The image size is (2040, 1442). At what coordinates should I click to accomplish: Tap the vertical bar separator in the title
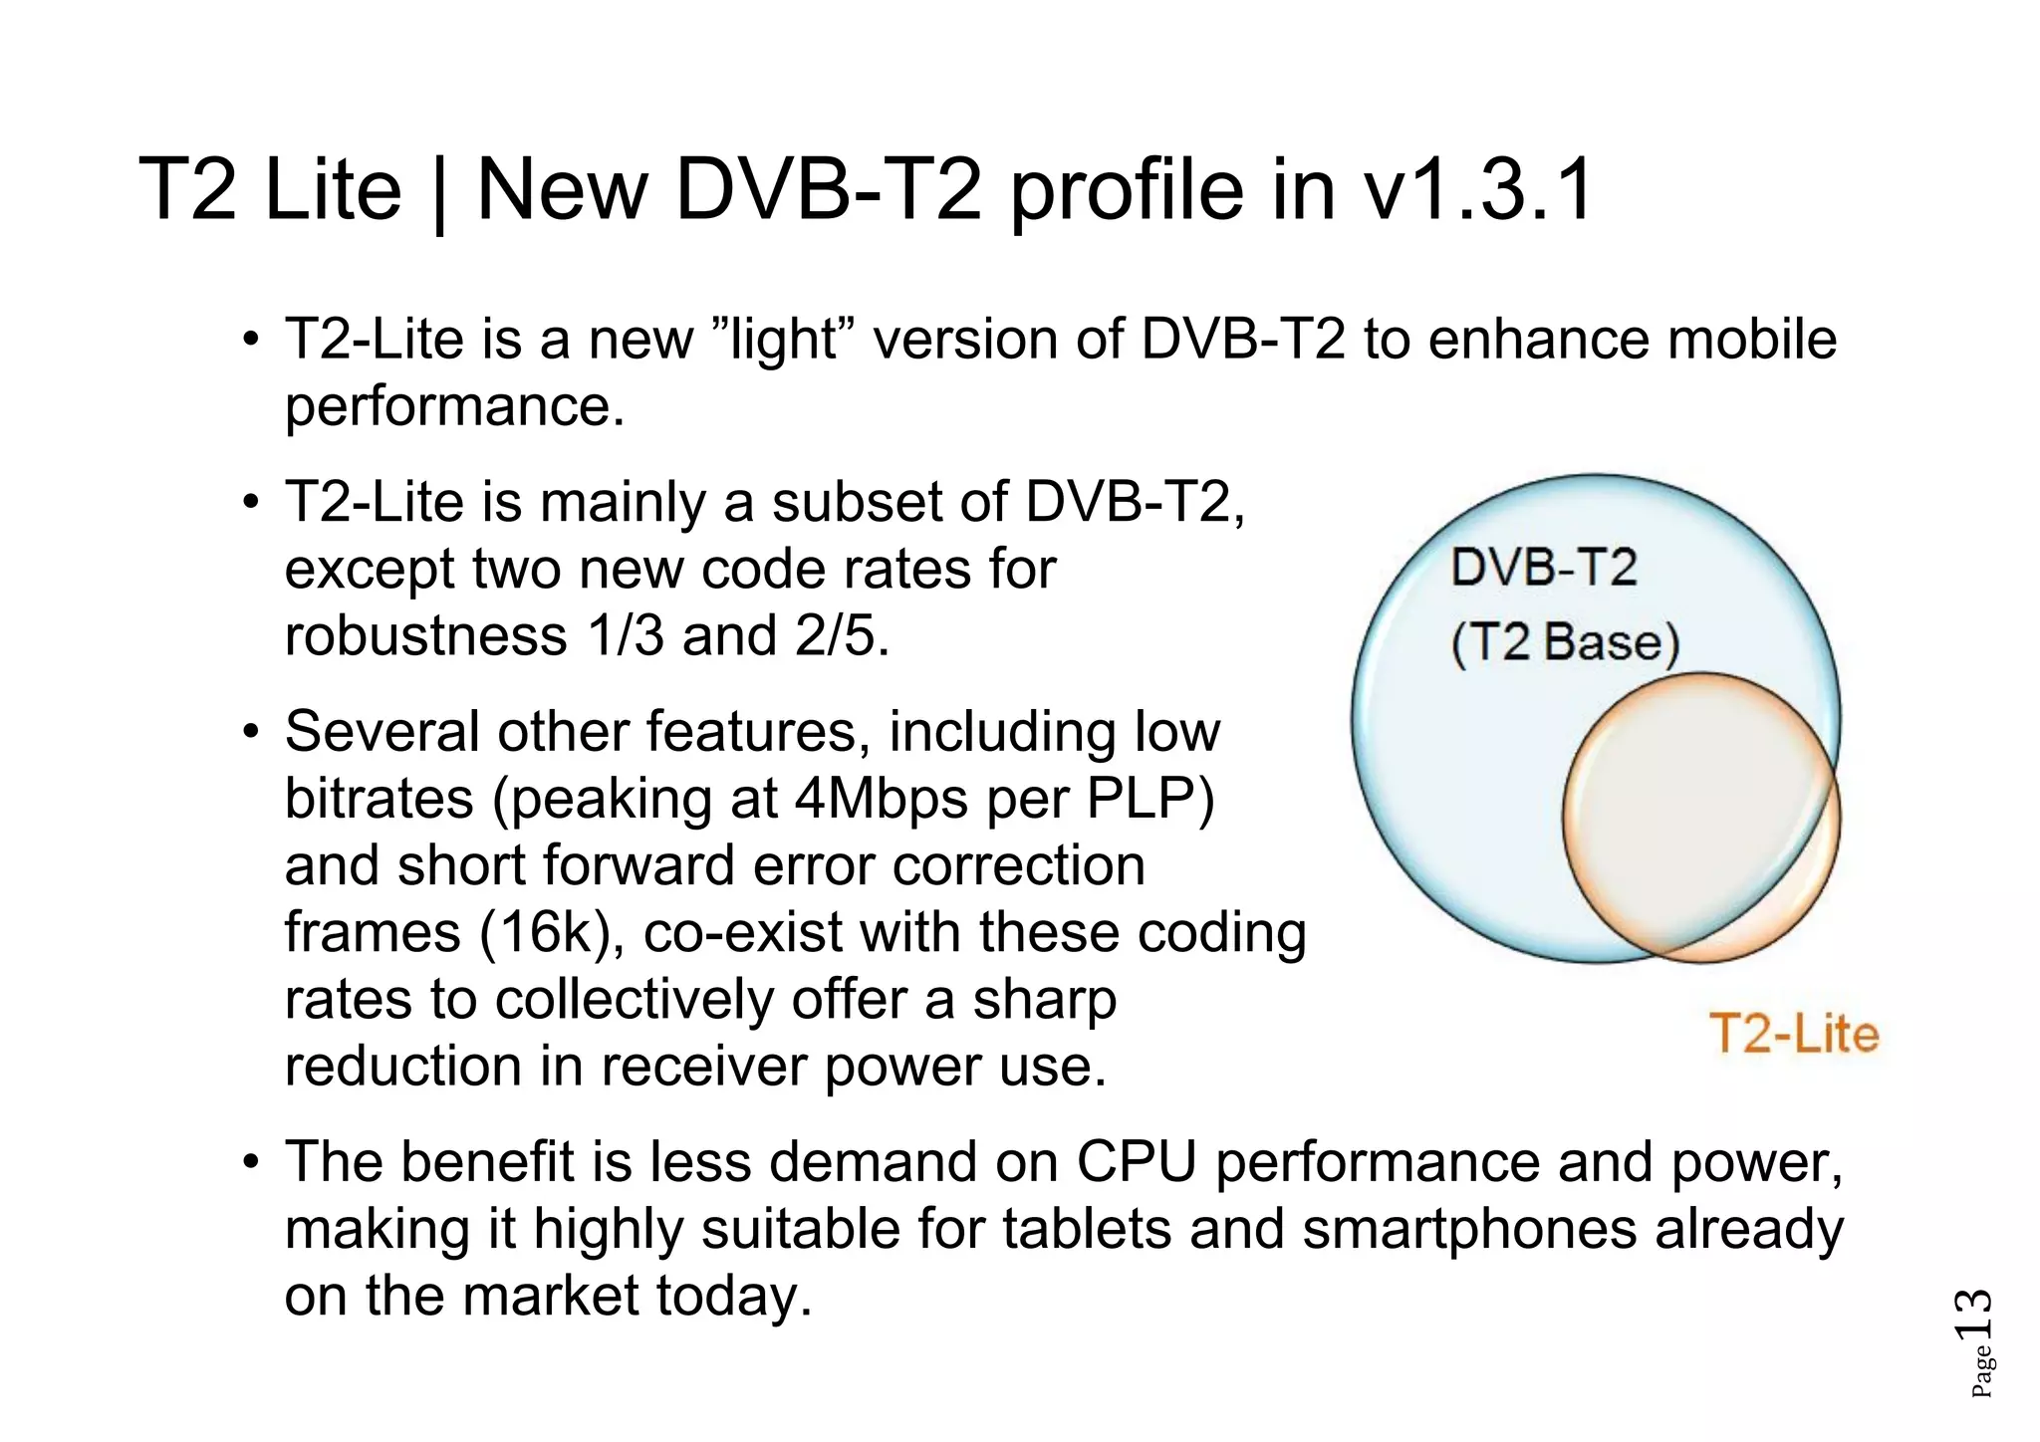click(439, 194)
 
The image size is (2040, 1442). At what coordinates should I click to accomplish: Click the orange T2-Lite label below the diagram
click(1794, 1034)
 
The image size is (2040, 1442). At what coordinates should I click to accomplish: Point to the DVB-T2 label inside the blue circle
click(1543, 568)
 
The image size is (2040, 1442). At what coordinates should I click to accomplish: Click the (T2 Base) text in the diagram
click(1565, 643)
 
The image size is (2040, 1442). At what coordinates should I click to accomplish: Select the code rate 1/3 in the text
click(626, 635)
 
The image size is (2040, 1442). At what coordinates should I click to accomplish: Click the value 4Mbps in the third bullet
click(882, 799)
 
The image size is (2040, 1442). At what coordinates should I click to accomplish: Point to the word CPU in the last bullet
click(1136, 1161)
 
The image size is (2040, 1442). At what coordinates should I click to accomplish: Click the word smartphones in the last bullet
click(1470, 1228)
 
